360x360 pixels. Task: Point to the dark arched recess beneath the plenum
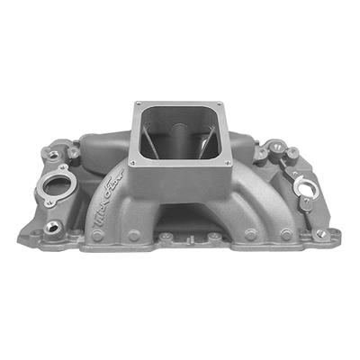pos(175,220)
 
